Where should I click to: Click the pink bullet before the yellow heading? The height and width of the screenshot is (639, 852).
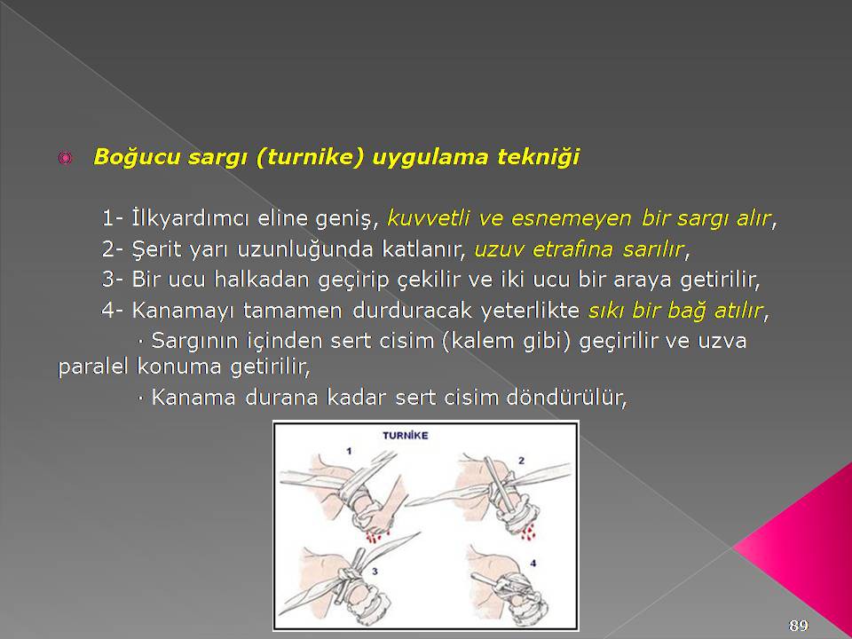(65, 158)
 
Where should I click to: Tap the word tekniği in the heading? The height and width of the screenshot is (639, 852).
(538, 158)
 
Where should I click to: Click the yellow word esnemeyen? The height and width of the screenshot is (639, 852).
(571, 218)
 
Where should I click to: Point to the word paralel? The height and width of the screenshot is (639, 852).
(94, 367)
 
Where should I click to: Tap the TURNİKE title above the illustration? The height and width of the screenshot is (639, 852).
(406, 435)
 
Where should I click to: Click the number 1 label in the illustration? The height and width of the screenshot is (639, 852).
(349, 451)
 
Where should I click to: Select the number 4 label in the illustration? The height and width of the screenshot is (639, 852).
(533, 564)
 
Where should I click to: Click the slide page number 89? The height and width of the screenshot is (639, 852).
(798, 625)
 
